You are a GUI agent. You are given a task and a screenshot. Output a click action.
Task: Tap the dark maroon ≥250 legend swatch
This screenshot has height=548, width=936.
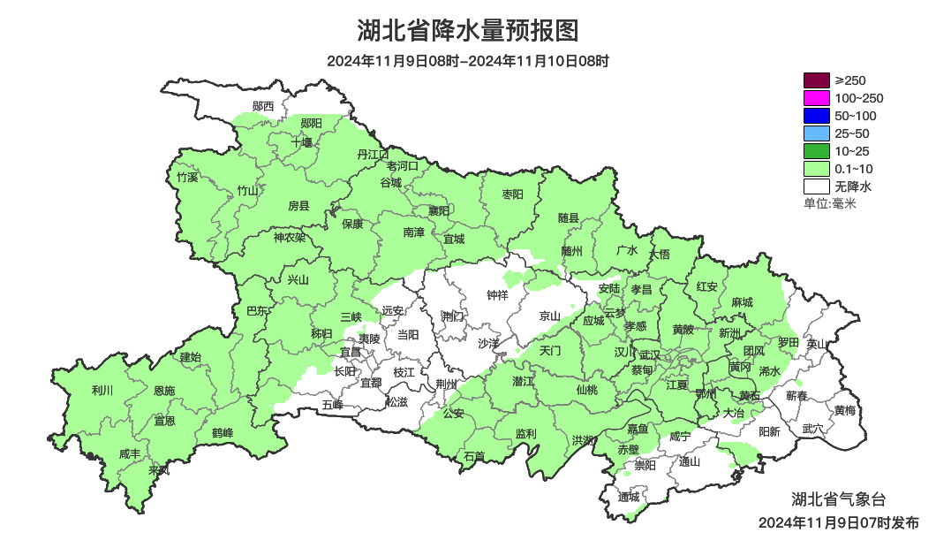pos(817,80)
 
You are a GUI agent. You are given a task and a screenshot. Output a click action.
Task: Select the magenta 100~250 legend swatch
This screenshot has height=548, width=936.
pos(817,98)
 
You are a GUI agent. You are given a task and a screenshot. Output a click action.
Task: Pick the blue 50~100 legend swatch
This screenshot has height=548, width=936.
pos(817,116)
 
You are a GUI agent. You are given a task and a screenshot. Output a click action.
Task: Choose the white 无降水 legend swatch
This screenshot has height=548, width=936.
pos(817,186)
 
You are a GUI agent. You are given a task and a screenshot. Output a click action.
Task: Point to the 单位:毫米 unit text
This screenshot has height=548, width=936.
pos(830,203)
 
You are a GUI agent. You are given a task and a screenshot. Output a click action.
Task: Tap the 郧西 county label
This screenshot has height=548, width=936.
pos(263,106)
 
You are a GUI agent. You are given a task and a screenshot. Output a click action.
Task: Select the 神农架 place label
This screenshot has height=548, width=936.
pos(289,237)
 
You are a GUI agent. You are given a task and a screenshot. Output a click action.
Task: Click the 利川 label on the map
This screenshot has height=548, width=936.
pos(102,390)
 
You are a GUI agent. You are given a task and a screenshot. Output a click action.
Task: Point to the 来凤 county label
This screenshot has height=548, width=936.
pos(159,470)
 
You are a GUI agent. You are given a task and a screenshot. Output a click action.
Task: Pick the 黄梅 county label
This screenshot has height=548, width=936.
pos(845,410)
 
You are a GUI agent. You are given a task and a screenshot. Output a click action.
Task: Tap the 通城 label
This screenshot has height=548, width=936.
pos(629,497)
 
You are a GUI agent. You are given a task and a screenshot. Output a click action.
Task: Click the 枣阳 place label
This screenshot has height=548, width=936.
pos(512,194)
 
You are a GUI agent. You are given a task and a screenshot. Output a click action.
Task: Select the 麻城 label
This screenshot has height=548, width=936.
pos(743,302)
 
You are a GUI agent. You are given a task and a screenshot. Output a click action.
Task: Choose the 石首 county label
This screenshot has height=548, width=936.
pos(474,456)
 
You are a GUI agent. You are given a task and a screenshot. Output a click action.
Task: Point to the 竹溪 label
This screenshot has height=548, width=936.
pos(187,177)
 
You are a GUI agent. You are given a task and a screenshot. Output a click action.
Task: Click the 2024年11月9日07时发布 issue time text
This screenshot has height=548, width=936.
pos(838,523)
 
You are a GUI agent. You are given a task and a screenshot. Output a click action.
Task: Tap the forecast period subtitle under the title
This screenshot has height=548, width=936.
pos(467,62)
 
